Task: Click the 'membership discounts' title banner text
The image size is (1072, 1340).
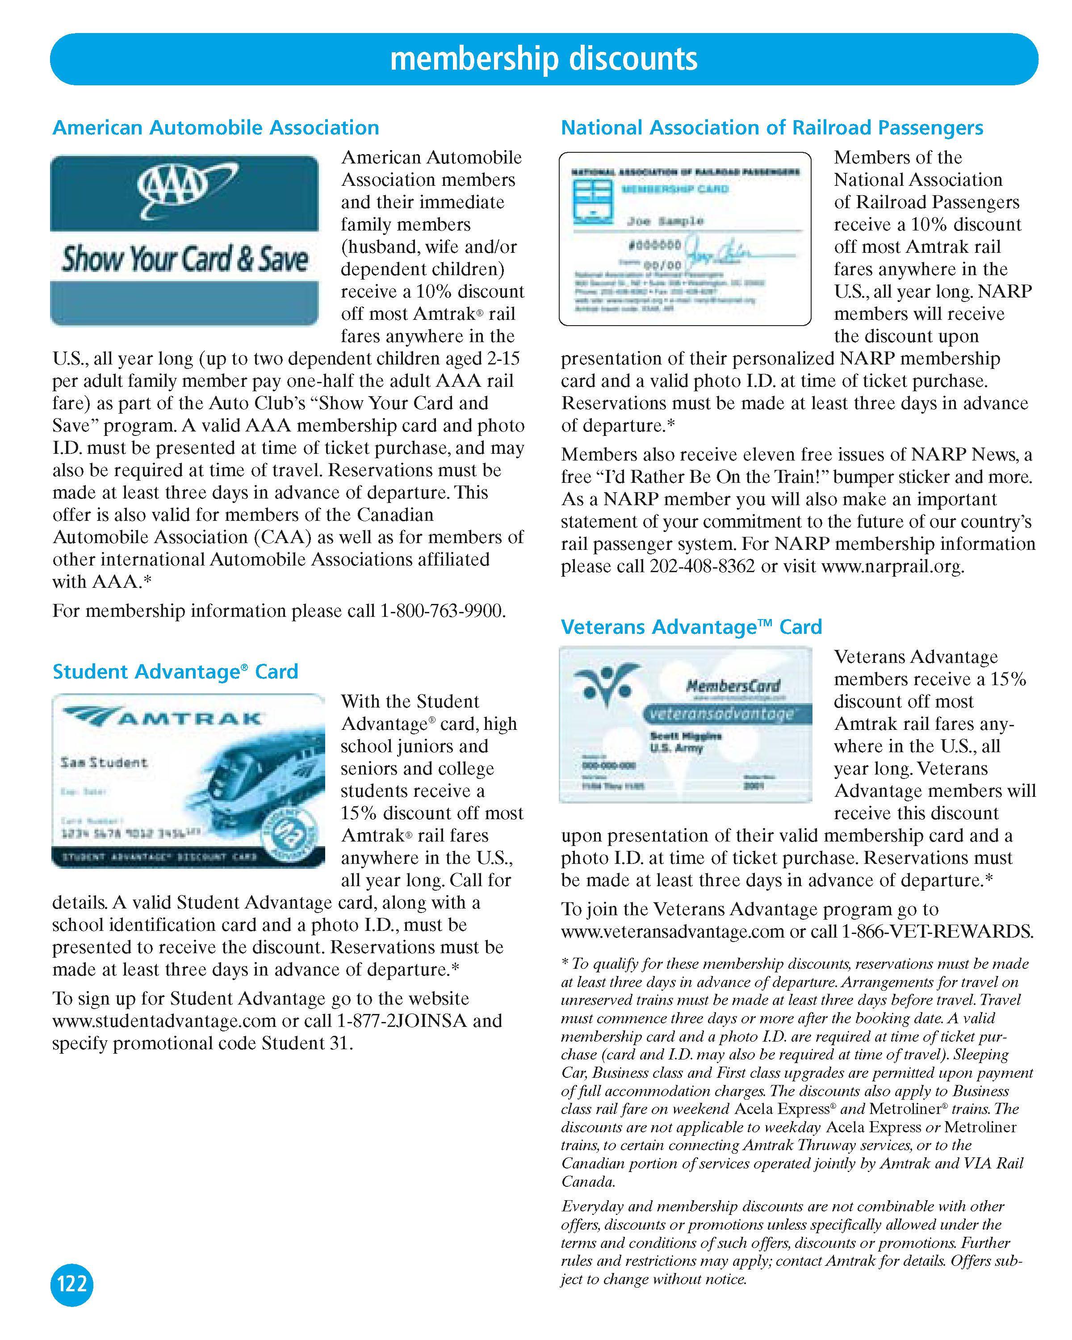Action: click(x=544, y=59)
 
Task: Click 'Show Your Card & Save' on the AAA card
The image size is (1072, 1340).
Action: click(x=184, y=259)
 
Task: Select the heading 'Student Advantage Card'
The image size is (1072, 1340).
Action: click(x=175, y=671)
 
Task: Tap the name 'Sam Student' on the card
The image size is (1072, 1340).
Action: click(x=104, y=762)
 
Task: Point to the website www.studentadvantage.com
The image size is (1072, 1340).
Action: click(x=164, y=1021)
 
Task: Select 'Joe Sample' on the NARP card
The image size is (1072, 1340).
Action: click(x=665, y=221)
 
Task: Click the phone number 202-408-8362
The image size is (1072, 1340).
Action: click(x=702, y=566)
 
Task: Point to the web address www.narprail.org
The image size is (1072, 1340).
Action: click(x=892, y=566)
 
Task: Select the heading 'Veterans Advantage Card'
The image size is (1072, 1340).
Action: click(x=691, y=627)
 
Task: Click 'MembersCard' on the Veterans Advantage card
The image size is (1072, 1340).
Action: click(x=733, y=686)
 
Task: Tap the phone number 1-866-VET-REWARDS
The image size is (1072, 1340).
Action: click(x=937, y=932)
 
